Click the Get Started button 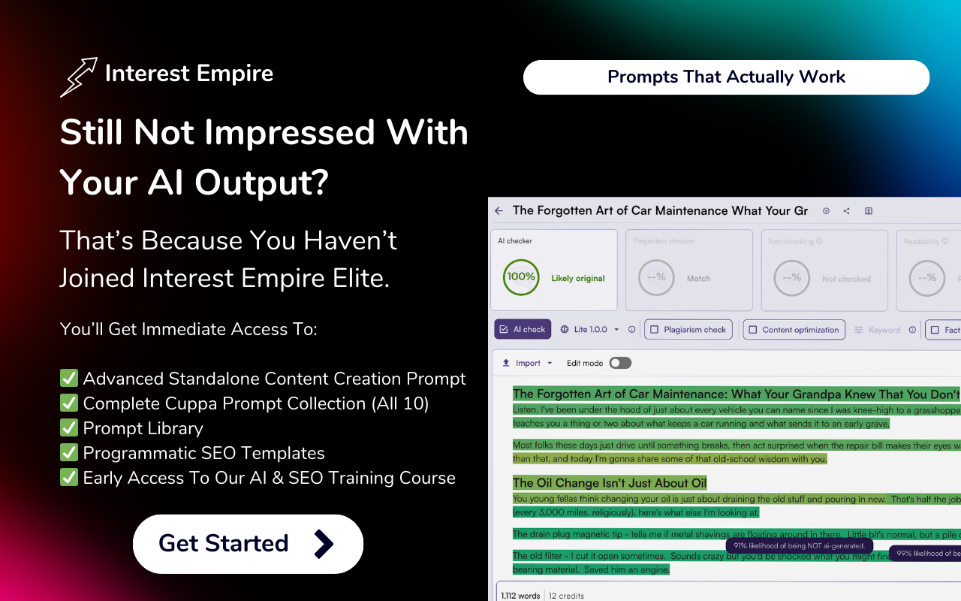tap(248, 544)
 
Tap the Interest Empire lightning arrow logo tap(78, 77)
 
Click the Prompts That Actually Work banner tap(726, 77)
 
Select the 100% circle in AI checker tap(520, 277)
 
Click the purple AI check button tap(523, 330)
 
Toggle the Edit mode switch tap(619, 363)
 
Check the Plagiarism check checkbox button tap(688, 330)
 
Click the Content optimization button tap(794, 330)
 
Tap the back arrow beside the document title tap(499, 211)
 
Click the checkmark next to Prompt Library tap(69, 428)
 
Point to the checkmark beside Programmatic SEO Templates tap(69, 453)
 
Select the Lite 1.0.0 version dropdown tap(590, 330)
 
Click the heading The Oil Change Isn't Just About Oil tap(610, 483)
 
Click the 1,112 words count tap(520, 596)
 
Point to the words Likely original tap(578, 279)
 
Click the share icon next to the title tap(846, 211)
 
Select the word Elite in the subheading tap(360, 278)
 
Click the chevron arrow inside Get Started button tap(323, 544)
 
